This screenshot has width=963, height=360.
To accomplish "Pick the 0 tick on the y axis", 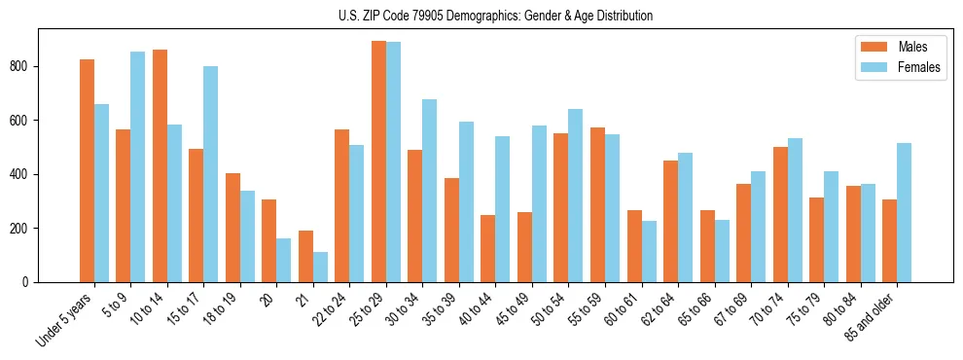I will pos(29,282).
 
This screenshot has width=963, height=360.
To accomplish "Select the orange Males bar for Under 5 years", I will pos(87,170).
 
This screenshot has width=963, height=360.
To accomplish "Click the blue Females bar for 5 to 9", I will pos(138,166).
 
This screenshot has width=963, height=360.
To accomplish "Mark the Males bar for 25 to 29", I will pos(378,162).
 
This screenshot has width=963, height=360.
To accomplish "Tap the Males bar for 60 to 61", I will pos(634,246).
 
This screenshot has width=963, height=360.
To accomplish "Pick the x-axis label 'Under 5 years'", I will pos(65,318).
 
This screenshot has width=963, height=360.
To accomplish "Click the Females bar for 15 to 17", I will pos(211,174).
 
